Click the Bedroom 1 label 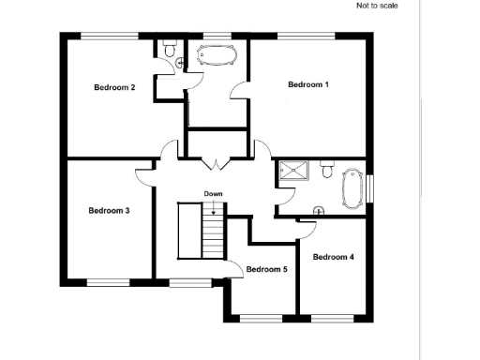click(x=307, y=85)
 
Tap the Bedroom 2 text click(x=114, y=88)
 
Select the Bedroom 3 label click(x=109, y=211)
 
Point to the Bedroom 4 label click(x=333, y=257)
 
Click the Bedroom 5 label click(x=266, y=270)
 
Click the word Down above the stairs click(x=214, y=194)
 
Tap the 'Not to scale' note click(x=377, y=6)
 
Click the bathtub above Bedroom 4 click(x=352, y=188)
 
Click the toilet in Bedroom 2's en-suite click(x=170, y=48)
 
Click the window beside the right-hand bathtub click(x=370, y=187)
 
